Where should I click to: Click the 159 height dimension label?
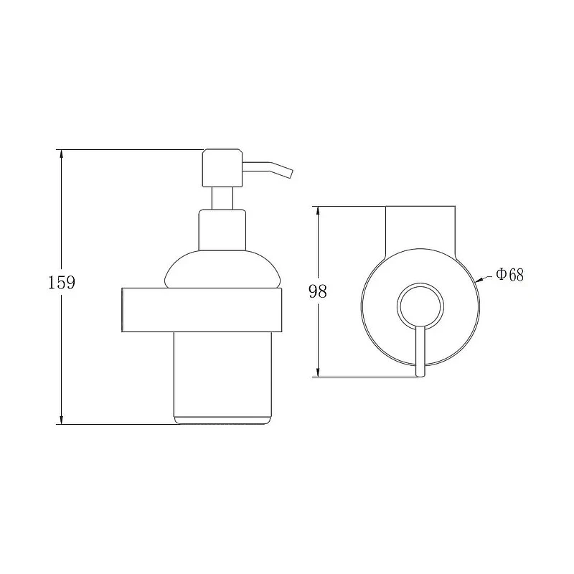click(x=62, y=282)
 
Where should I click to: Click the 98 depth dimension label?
click(x=317, y=291)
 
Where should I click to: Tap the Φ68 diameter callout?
click(x=510, y=275)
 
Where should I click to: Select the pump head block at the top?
click(x=222, y=168)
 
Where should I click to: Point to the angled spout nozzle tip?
click(x=291, y=174)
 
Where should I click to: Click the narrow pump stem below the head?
click(x=222, y=199)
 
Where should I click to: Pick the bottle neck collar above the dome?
click(x=222, y=230)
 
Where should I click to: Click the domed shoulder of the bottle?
click(x=222, y=269)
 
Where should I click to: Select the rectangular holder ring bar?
click(x=202, y=310)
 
